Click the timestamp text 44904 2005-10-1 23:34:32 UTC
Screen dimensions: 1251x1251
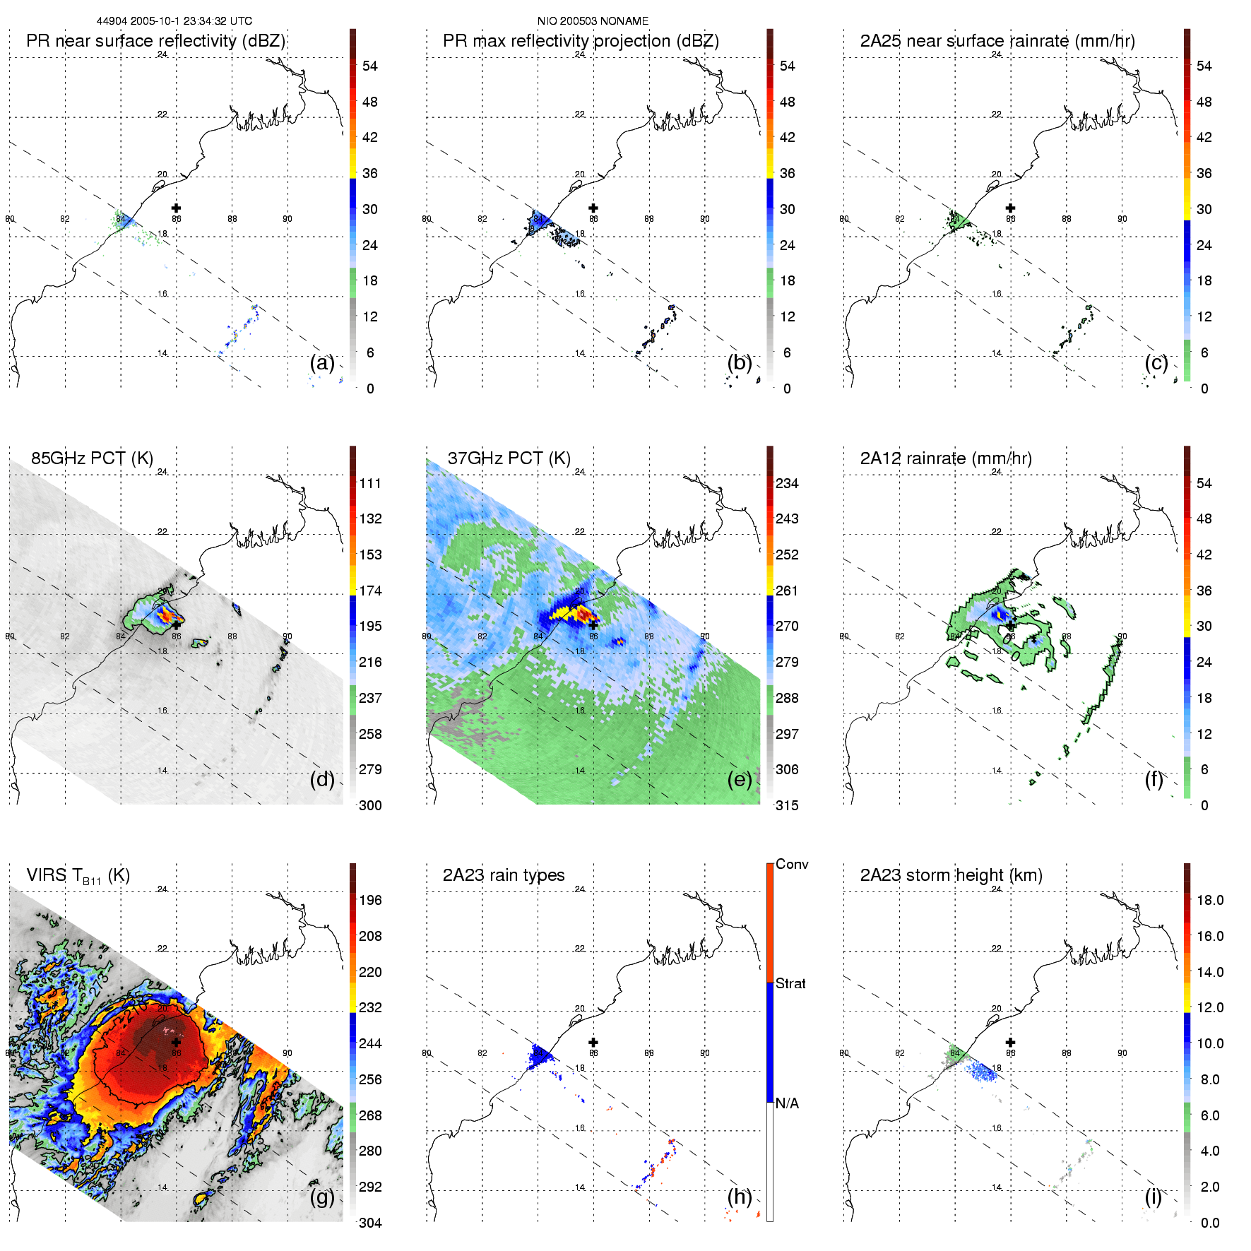[174, 21]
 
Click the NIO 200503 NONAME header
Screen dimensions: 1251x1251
[593, 21]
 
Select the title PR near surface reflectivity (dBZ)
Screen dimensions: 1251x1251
[155, 41]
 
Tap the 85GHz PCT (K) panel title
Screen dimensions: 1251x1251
[92, 458]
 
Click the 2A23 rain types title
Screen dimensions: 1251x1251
[503, 875]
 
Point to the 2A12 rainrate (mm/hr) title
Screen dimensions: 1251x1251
[945, 458]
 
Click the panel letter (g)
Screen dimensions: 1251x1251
[322, 1197]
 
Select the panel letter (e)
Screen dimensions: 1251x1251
[739, 780]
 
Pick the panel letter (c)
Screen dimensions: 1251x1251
[1156, 363]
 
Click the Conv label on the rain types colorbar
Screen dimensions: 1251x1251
[792, 864]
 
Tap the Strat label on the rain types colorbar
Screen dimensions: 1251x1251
[790, 983]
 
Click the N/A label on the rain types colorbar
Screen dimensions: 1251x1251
[787, 1103]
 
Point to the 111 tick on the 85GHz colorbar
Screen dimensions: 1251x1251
[370, 483]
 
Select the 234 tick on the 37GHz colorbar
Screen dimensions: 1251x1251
[787, 483]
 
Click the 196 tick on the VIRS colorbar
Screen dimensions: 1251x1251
[370, 900]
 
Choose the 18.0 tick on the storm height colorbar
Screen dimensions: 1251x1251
[1209, 900]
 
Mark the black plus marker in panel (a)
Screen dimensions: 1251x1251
[176, 208]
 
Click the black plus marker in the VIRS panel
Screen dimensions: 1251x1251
[176, 1042]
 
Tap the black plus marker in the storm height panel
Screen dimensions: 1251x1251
[1010, 1042]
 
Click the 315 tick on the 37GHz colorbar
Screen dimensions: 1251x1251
[787, 805]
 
